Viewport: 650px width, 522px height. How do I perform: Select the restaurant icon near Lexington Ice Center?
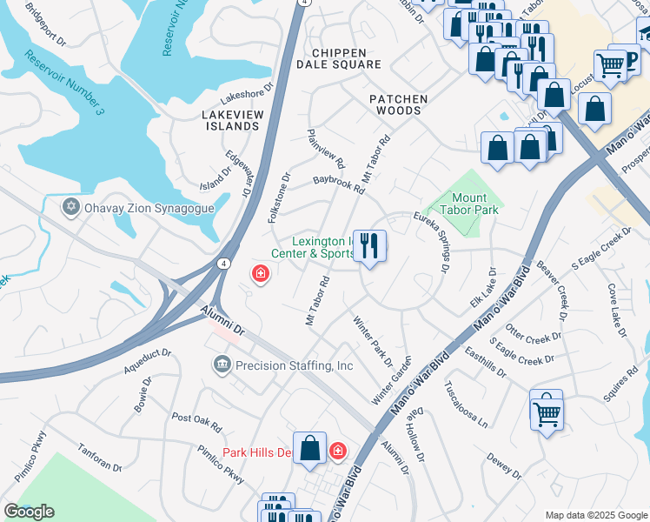point(370,246)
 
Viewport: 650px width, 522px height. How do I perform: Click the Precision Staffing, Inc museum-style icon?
point(222,365)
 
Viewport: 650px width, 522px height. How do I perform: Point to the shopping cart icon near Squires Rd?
point(547,411)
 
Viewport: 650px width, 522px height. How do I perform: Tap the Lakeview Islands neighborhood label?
point(230,120)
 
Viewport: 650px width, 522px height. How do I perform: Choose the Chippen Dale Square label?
point(339,58)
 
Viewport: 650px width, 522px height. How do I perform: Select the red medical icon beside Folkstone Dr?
point(259,275)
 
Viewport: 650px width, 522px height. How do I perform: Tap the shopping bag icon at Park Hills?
point(309,448)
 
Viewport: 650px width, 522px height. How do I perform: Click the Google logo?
point(29,512)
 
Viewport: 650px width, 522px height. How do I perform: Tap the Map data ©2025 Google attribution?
point(595,515)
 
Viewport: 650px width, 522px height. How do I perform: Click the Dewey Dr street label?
point(503,467)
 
